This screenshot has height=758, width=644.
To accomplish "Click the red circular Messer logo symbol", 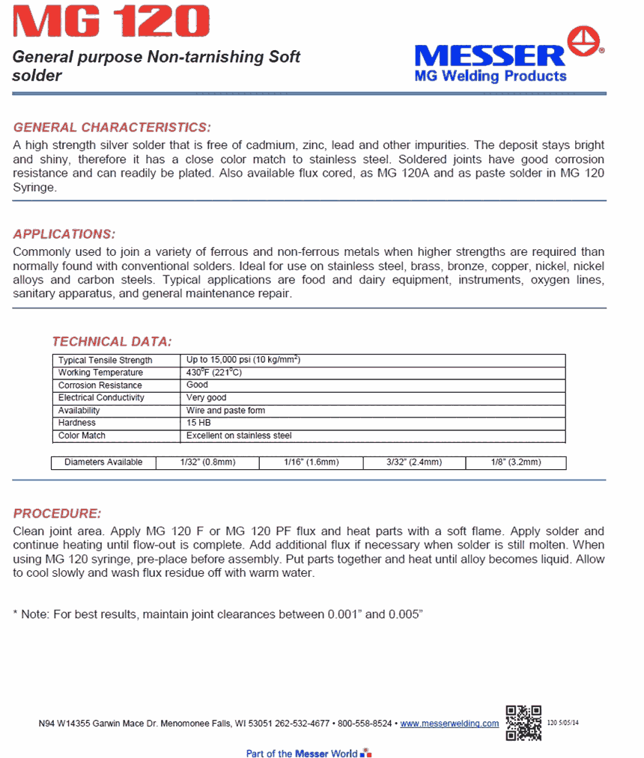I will click(x=585, y=40).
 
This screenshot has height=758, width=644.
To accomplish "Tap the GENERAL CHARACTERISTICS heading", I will click(x=112, y=127).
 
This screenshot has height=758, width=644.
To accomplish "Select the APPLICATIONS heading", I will click(x=64, y=233).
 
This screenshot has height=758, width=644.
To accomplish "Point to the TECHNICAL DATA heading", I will click(x=112, y=342).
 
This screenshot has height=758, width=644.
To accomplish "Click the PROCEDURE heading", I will click(x=57, y=513).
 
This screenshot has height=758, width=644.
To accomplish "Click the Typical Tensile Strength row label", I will click(x=105, y=361).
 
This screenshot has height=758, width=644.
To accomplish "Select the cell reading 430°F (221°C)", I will click(x=214, y=373).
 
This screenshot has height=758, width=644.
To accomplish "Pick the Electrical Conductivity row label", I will click(x=101, y=398).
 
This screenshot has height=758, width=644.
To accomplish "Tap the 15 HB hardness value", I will click(x=198, y=423).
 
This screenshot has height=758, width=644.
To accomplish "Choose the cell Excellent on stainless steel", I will click(x=239, y=435).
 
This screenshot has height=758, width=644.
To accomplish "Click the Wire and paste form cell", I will click(x=225, y=411).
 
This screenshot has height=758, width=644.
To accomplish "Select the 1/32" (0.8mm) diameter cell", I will click(x=207, y=462).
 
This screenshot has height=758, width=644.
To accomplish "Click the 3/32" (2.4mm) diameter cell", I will click(x=414, y=462).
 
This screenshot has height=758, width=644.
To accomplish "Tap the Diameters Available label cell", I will click(x=103, y=462).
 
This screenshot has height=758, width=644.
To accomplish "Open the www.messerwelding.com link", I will click(x=449, y=724).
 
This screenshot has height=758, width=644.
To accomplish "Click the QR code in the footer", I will click(x=523, y=723).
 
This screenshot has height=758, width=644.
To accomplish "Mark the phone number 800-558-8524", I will click(x=365, y=724).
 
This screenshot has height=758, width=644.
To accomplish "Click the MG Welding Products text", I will click(x=490, y=76).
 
